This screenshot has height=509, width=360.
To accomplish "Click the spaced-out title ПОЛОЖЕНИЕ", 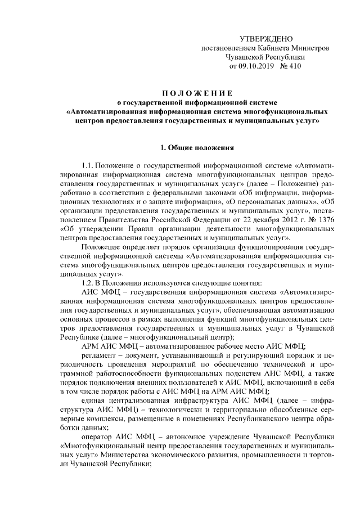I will tap(194, 92).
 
